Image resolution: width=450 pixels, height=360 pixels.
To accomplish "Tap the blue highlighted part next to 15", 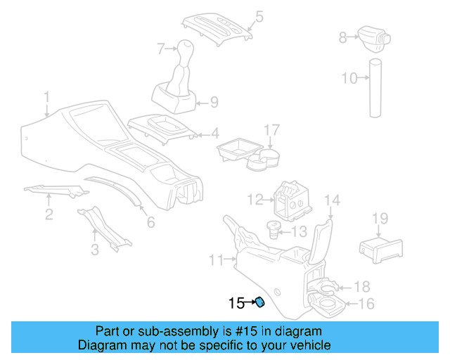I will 259,303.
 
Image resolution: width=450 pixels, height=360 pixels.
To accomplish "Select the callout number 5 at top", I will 259,15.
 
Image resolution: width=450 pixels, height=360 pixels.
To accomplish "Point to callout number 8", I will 342,37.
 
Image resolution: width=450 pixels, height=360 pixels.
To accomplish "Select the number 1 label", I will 46,96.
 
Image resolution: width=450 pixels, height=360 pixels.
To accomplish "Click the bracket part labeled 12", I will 291,200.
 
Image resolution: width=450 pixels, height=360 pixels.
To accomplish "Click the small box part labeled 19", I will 380,248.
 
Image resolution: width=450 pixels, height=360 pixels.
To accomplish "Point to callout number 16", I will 366,304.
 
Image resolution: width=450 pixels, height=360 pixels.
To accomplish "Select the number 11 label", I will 217,260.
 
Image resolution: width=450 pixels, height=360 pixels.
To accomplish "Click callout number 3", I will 94,250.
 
